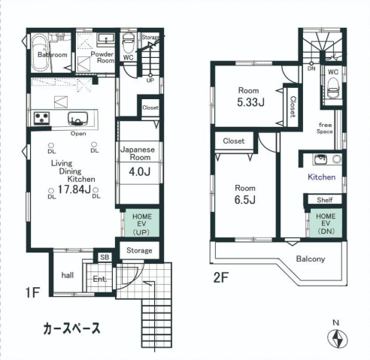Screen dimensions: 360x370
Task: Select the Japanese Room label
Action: click(x=138, y=154)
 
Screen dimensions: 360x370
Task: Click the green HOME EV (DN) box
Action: click(x=324, y=222)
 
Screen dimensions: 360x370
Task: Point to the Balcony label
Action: click(x=310, y=259)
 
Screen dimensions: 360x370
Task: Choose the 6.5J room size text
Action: click(x=245, y=199)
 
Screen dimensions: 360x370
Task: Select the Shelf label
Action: click(x=324, y=200)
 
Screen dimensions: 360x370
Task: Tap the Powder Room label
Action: click(x=102, y=57)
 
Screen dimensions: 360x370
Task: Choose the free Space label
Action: click(x=325, y=127)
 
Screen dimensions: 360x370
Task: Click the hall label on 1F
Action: click(x=67, y=276)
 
